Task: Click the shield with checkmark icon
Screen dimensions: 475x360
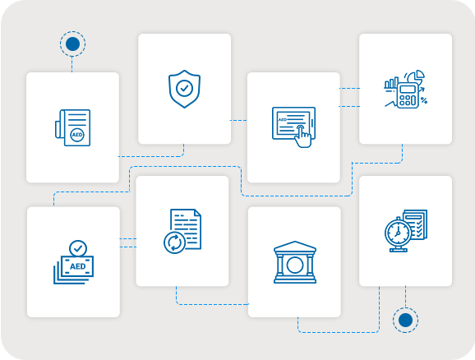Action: [184, 89]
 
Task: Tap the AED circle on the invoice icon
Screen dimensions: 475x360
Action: [77, 135]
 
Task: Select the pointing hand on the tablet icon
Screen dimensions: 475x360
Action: [302, 136]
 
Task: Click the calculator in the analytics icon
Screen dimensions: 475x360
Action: [408, 95]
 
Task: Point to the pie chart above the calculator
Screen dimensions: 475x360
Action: [416, 76]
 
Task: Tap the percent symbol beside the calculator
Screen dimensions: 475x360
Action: [424, 100]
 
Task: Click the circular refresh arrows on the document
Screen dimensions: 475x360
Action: [174, 242]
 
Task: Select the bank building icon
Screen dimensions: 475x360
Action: [295, 262]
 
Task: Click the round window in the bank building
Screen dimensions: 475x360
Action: [295, 265]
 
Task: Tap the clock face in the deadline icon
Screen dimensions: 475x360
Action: [398, 233]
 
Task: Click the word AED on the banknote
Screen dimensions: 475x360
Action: [78, 266]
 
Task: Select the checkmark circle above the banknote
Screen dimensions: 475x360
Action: [78, 249]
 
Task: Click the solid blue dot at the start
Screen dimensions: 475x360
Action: [72, 44]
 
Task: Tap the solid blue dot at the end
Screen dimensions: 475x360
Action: [405, 320]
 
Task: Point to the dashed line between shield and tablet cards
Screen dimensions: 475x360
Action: [238, 120]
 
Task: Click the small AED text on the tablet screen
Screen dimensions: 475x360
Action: [283, 120]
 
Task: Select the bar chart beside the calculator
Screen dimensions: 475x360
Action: [391, 83]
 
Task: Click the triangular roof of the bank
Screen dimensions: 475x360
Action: [295, 247]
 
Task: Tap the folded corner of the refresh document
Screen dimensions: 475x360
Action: [197, 212]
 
